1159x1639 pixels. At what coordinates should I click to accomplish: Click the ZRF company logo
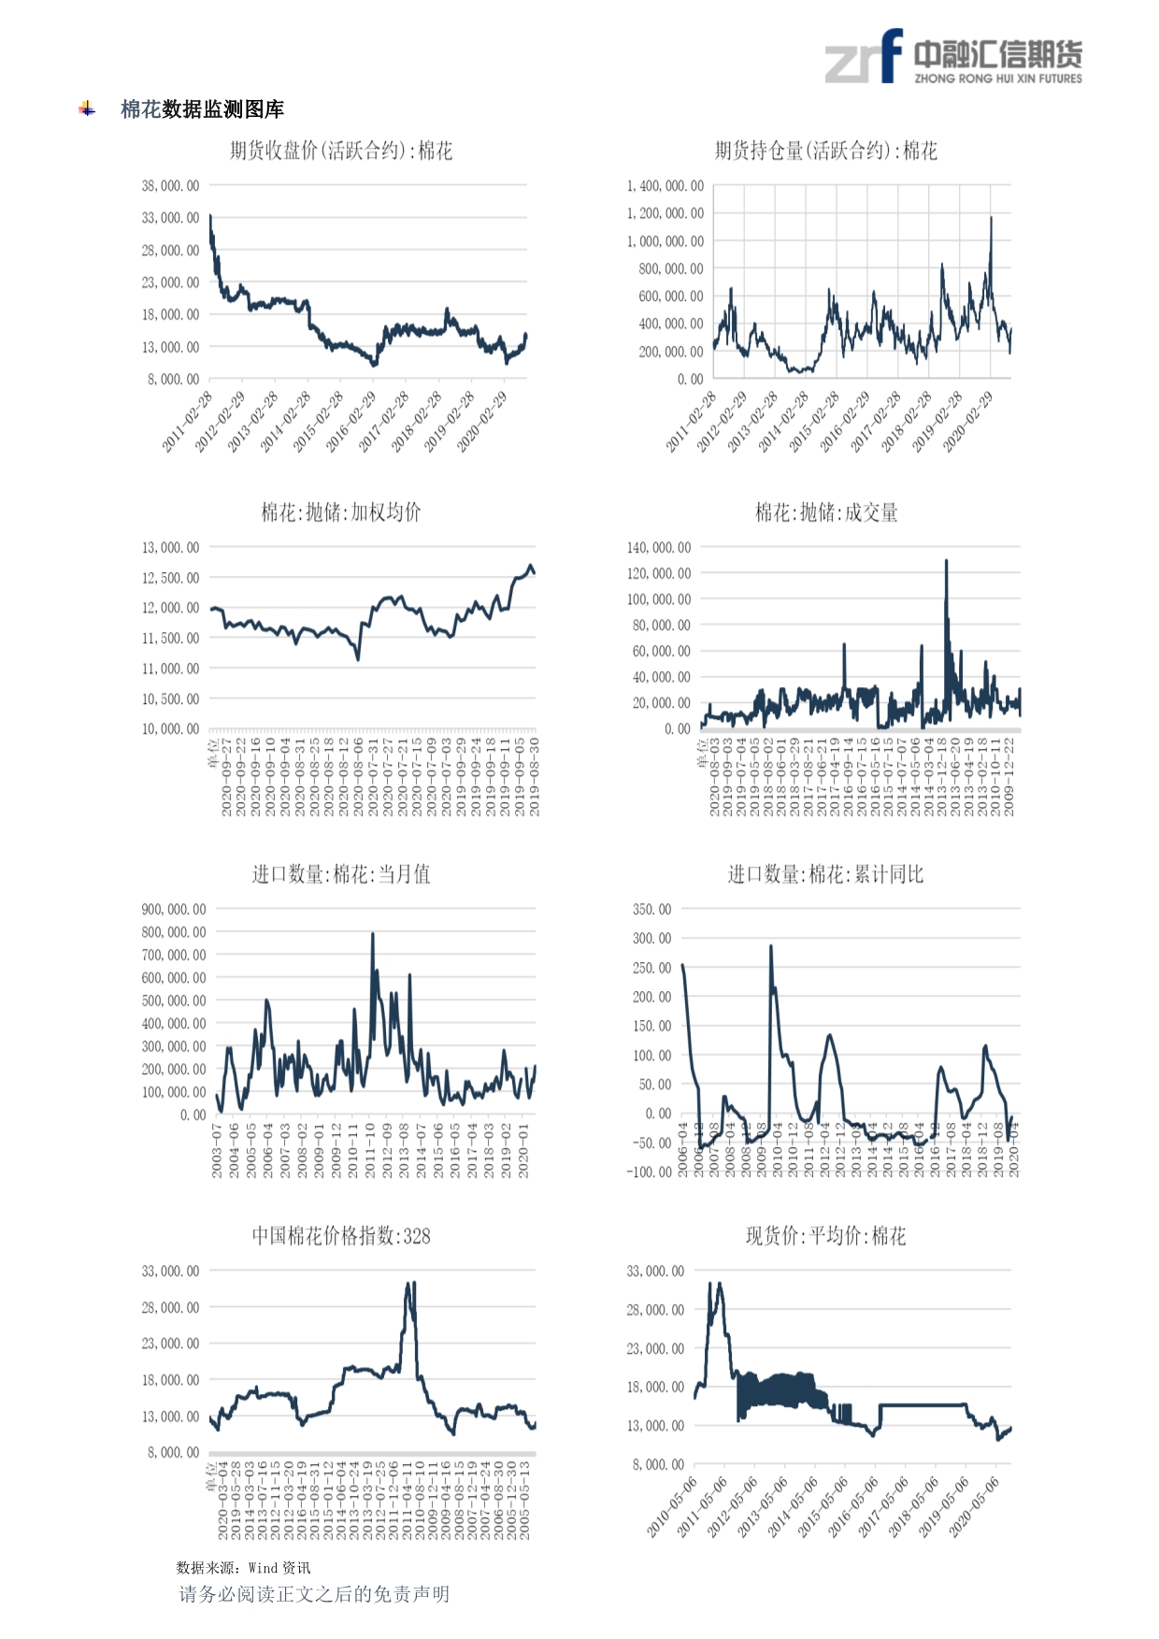click(952, 58)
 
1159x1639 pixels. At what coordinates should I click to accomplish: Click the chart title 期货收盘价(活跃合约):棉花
click(341, 151)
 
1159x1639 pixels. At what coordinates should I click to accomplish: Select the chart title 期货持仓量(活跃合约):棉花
click(825, 151)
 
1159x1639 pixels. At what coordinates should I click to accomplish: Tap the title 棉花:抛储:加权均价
click(341, 512)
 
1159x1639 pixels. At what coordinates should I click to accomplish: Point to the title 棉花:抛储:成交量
click(826, 512)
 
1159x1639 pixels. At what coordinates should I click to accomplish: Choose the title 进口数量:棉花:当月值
click(341, 874)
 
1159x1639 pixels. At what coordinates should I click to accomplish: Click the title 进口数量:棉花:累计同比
click(825, 874)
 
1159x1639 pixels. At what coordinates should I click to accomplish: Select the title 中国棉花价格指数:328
click(341, 1236)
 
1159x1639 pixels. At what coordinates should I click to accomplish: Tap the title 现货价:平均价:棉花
click(825, 1236)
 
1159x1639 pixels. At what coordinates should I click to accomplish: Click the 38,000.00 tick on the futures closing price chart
click(170, 186)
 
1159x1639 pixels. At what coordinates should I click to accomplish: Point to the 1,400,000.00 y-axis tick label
click(665, 186)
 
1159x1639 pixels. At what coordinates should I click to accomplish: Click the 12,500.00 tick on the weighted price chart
click(170, 578)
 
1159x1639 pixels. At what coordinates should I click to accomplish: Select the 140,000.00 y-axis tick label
click(659, 548)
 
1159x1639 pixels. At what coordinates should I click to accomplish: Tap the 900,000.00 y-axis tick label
click(174, 910)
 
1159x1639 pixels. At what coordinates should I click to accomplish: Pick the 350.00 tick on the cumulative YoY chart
click(651, 910)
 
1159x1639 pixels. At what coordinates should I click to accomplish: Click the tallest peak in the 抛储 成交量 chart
click(946, 561)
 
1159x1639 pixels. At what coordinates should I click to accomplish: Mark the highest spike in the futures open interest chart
click(991, 219)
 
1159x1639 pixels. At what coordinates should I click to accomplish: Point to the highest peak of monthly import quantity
click(373, 934)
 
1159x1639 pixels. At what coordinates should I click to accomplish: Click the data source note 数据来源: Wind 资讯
click(243, 1568)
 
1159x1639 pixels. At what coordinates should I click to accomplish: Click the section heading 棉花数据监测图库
click(202, 109)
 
